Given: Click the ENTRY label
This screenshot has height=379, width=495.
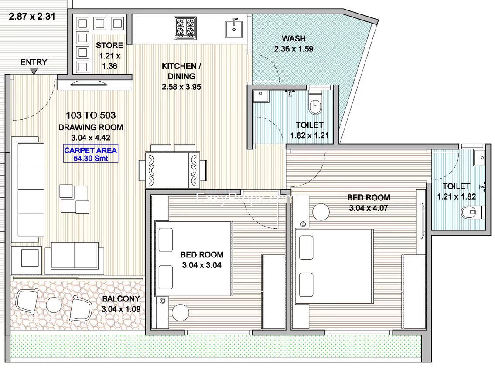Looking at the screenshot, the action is [x=34, y=62].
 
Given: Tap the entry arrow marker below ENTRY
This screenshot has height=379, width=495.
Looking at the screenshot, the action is [x=34, y=72].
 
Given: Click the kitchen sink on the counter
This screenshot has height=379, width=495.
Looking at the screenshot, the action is [x=234, y=29].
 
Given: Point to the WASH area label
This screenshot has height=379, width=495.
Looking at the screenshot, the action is [x=294, y=39].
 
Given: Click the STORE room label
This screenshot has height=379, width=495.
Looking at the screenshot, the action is [x=109, y=45].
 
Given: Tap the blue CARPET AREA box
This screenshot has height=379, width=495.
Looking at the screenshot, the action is [x=91, y=154].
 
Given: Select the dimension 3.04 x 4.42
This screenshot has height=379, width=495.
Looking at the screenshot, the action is [x=91, y=138].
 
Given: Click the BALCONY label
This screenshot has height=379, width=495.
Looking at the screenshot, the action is [x=121, y=298].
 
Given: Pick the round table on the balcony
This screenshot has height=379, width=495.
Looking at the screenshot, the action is [x=54, y=305].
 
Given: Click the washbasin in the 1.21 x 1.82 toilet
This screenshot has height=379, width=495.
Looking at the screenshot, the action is [x=480, y=157].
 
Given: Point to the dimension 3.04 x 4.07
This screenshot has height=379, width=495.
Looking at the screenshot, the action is [x=369, y=208].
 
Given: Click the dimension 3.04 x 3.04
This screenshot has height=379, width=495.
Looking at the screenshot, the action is [x=202, y=265].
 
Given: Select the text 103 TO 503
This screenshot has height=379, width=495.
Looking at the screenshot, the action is [x=91, y=115].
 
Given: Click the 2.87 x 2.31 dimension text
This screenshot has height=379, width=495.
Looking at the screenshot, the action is [x=32, y=16].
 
